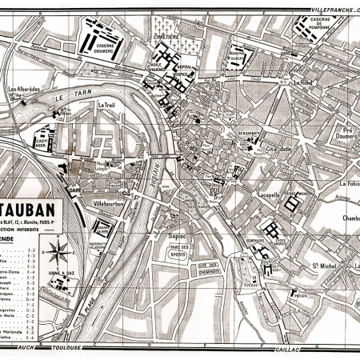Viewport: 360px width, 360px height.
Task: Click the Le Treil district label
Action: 106,104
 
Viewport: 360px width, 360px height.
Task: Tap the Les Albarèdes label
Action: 22,89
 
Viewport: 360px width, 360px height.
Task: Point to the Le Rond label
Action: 302,82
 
